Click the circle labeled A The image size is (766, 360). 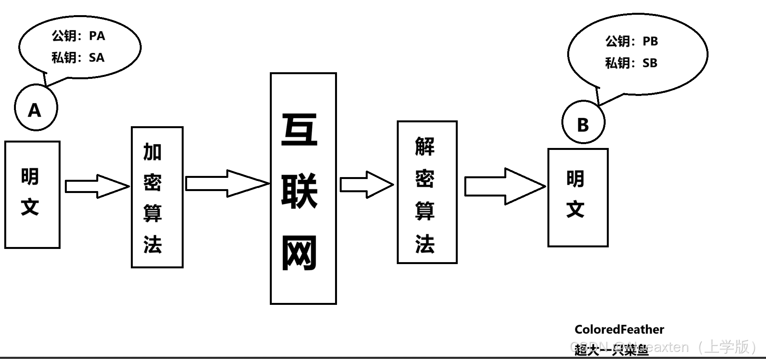tap(36, 108)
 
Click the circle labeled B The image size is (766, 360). tap(583, 122)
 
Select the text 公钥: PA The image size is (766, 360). tap(78, 36)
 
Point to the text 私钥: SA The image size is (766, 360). tap(78, 57)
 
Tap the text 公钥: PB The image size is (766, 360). tap(632, 41)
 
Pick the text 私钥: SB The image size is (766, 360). tap(631, 63)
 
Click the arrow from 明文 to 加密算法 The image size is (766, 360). tap(97, 186)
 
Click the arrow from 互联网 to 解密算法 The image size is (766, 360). tap(366, 185)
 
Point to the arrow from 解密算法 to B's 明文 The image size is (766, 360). tap(504, 186)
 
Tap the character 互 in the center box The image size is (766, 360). tap(299, 130)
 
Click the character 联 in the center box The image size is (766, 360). tap(299, 191)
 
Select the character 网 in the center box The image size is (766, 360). tap(299, 253)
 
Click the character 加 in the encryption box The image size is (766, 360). tap(153, 152)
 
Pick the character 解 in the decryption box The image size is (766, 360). tap(425, 147)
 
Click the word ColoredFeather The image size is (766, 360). tap(619, 330)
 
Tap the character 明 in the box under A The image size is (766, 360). tap(30, 177)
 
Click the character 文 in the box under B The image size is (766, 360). tap(575, 209)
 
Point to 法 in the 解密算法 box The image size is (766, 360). tap(425, 244)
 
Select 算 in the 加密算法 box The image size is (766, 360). tap(153, 213)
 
